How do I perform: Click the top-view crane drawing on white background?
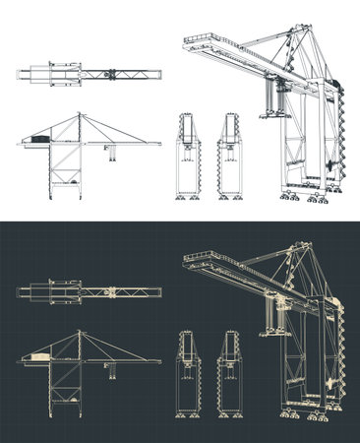[89, 74]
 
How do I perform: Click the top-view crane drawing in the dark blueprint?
[89, 292]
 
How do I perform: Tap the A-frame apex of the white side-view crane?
[78, 114]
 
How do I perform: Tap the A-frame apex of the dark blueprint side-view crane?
[78, 333]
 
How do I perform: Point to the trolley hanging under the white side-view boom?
[111, 151]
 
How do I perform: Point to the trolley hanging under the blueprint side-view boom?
[111, 369]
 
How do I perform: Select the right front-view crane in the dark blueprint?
[229, 376]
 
